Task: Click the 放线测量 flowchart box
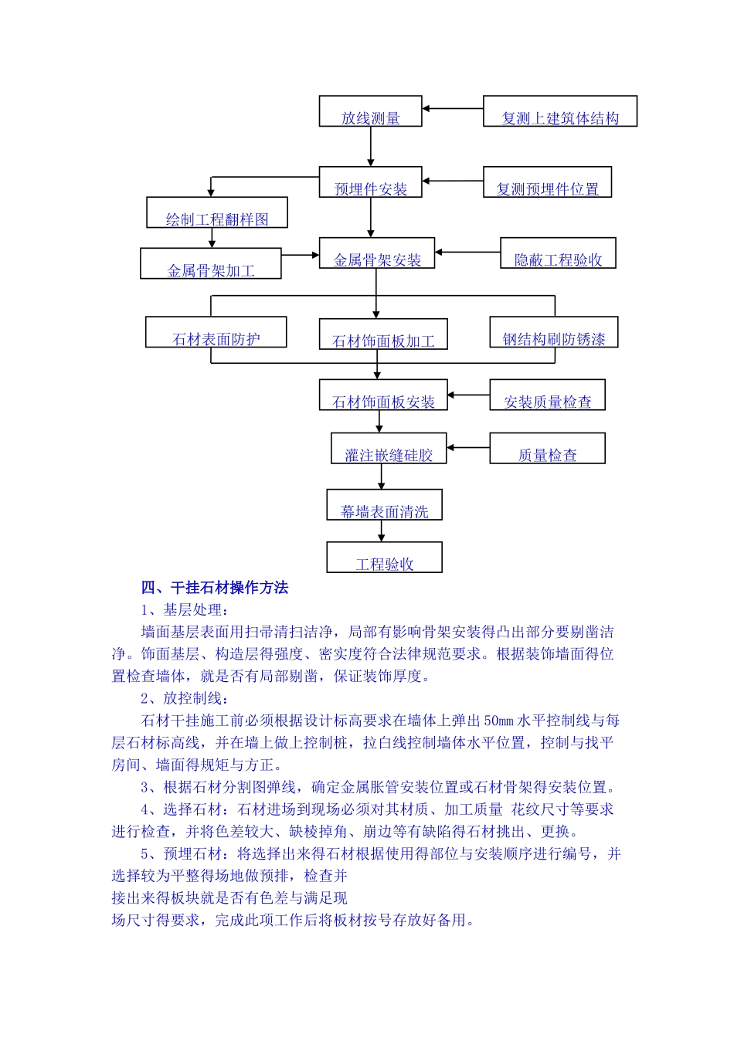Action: coord(370,111)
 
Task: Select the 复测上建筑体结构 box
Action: coord(560,111)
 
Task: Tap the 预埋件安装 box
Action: coord(370,182)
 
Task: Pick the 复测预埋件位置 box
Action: coord(547,182)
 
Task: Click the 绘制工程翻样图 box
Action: coord(217,212)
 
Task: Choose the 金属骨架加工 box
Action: coord(210,263)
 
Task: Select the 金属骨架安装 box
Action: coord(377,253)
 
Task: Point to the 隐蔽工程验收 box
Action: coord(558,253)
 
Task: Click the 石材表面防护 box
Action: coord(216,332)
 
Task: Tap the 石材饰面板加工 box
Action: coord(383,334)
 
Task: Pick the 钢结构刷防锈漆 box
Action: coord(554,332)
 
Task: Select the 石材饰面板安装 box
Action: coord(383,395)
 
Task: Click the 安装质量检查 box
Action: coord(547,395)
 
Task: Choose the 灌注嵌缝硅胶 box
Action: coord(389,448)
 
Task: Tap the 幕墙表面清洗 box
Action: coord(384,504)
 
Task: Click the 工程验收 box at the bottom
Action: coord(384,557)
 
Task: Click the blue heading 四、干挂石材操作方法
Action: coord(215,588)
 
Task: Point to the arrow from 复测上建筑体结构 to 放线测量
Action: coord(453,109)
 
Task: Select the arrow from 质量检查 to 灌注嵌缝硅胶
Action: coord(468,448)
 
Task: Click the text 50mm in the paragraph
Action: coord(498,721)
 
